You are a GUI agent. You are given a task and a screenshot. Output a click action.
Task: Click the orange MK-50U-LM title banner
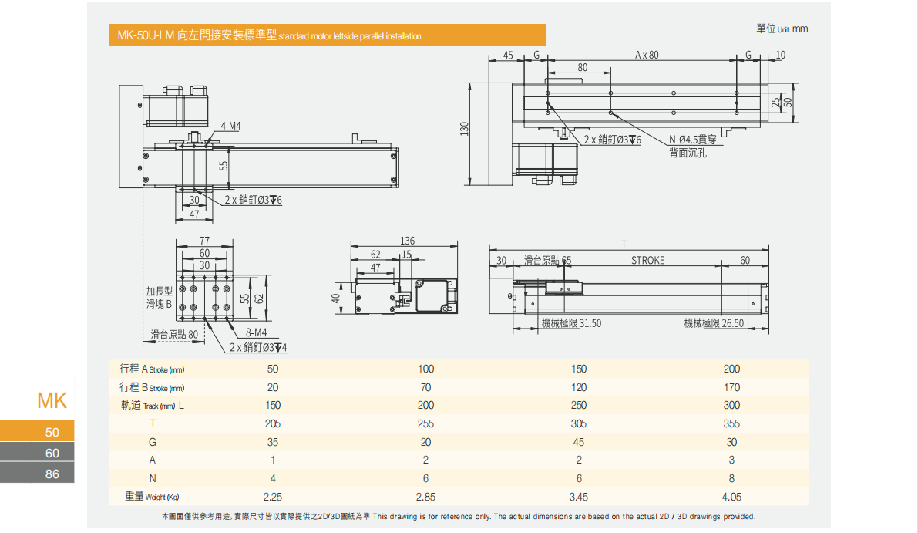coord(327,35)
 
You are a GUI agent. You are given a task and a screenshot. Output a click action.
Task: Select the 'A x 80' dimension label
coord(647,55)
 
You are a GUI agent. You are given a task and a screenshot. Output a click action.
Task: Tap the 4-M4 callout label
coord(230,126)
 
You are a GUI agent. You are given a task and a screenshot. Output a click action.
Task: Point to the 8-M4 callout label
coord(256,332)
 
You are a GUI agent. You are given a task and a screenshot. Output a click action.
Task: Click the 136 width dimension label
coord(408,241)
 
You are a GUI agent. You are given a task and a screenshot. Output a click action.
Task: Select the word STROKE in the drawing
coord(647,261)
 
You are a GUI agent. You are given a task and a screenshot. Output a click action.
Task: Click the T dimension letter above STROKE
coord(624,245)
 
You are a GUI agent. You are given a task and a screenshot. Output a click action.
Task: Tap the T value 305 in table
coord(579,423)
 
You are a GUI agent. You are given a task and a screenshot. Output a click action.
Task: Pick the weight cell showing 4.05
coord(731,498)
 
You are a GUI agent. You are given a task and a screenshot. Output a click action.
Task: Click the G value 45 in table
coord(579,442)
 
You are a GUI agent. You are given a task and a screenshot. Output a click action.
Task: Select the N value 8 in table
coord(731,478)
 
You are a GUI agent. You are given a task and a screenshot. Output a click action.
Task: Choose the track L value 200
coord(425,405)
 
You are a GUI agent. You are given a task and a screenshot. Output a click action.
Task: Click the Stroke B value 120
coord(579,387)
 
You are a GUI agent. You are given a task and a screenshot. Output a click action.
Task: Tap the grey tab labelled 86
coord(37,474)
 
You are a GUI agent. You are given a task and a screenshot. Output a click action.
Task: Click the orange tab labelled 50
coord(37,432)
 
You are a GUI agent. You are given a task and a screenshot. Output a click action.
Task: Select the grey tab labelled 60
coord(37,453)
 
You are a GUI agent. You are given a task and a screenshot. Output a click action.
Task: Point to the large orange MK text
coord(52,401)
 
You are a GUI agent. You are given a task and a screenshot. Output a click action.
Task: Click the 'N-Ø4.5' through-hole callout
coord(693,140)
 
